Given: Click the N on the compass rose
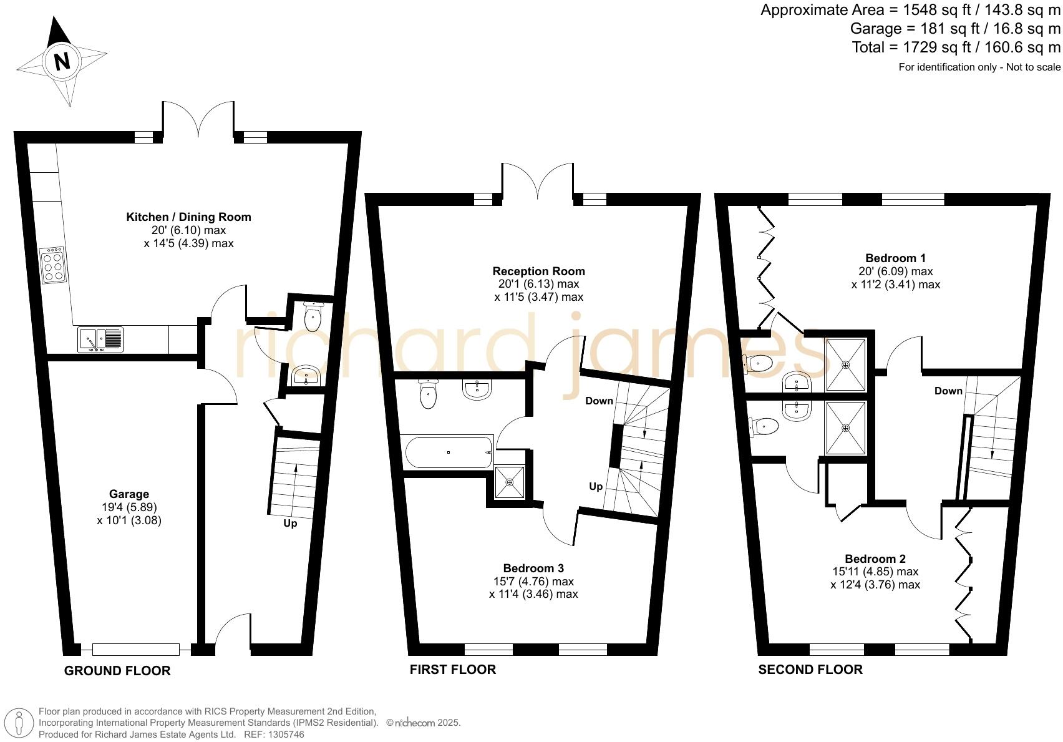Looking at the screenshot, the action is (x=62, y=61).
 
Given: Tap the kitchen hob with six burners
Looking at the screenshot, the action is (x=53, y=265).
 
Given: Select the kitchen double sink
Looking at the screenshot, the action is (x=100, y=339).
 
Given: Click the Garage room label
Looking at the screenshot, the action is (x=129, y=494).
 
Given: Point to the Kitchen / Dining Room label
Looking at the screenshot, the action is (x=188, y=217).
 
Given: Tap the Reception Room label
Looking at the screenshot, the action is (x=538, y=271).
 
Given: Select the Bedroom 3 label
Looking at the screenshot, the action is (x=533, y=569).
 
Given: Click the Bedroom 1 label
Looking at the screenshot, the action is (x=895, y=258).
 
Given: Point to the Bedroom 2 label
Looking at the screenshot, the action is (x=875, y=559).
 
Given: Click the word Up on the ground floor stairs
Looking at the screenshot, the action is (x=290, y=524).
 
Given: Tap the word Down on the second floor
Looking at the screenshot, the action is (x=948, y=391).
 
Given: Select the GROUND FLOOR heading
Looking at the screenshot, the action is (x=117, y=671).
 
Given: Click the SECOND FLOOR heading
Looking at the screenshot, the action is (x=810, y=670).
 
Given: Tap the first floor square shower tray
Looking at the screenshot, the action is (x=510, y=482).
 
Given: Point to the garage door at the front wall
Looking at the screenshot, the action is (x=136, y=650).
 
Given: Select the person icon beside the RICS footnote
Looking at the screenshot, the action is (x=19, y=724).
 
